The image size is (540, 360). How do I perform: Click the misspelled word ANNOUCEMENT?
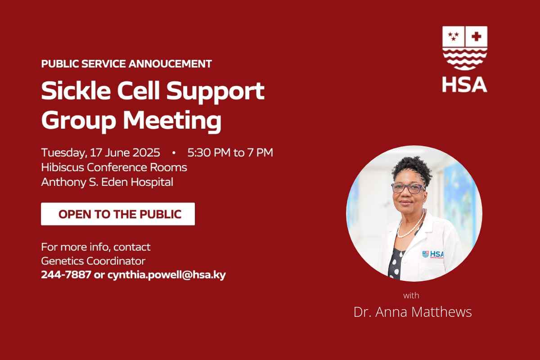(x=170, y=63)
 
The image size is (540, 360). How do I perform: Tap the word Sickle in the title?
(x=76, y=90)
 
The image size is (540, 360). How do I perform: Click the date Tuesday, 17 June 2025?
(x=100, y=153)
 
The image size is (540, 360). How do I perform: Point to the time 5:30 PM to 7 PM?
(x=230, y=153)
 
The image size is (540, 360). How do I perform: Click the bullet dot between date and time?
(x=174, y=153)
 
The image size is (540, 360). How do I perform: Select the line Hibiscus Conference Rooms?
(x=114, y=167)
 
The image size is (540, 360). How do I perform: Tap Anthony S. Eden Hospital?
(x=107, y=182)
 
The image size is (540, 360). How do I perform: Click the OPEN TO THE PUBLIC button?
(x=118, y=214)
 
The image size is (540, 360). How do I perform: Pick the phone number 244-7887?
(x=66, y=274)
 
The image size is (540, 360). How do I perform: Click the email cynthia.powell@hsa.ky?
(x=166, y=275)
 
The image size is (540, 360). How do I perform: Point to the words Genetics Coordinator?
(x=93, y=261)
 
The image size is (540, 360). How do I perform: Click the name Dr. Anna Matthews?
(x=413, y=312)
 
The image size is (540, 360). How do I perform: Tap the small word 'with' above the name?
(x=411, y=295)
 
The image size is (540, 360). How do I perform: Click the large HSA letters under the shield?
(x=464, y=85)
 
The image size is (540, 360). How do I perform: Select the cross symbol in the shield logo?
(x=477, y=36)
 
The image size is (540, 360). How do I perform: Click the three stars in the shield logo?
(x=453, y=36)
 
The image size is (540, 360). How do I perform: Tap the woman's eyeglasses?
(x=408, y=188)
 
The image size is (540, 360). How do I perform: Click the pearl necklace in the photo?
(x=411, y=225)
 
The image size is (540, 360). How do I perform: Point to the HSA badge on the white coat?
(x=433, y=254)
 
